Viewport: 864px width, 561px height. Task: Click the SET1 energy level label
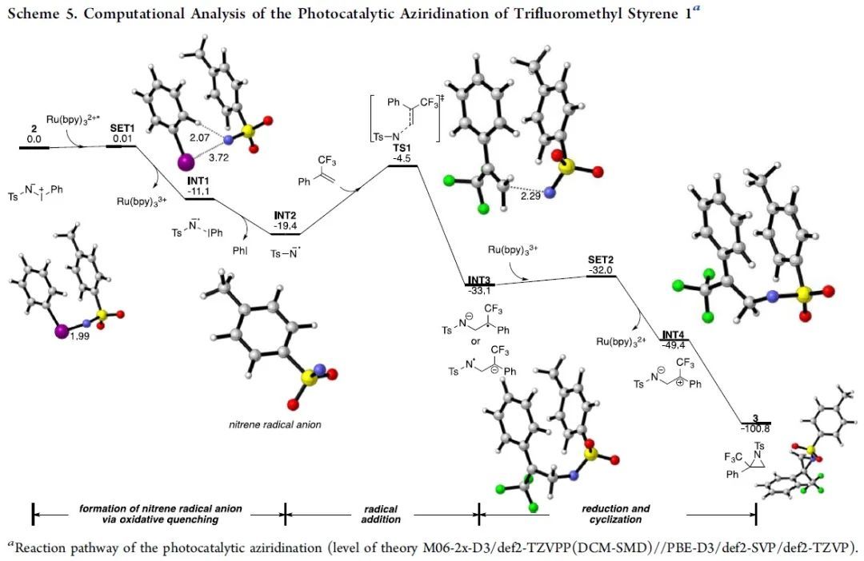pyautogui.click(x=121, y=127)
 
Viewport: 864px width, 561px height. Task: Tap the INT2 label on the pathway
pyautogui.click(x=284, y=216)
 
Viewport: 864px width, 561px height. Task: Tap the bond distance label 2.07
pyautogui.click(x=199, y=138)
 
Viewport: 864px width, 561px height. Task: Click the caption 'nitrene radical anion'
pyautogui.click(x=274, y=424)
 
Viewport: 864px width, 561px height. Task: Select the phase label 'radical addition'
pyautogui.click(x=381, y=514)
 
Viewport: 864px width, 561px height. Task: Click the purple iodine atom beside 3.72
pyautogui.click(x=183, y=163)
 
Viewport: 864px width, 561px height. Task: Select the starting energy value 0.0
pyautogui.click(x=34, y=138)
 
